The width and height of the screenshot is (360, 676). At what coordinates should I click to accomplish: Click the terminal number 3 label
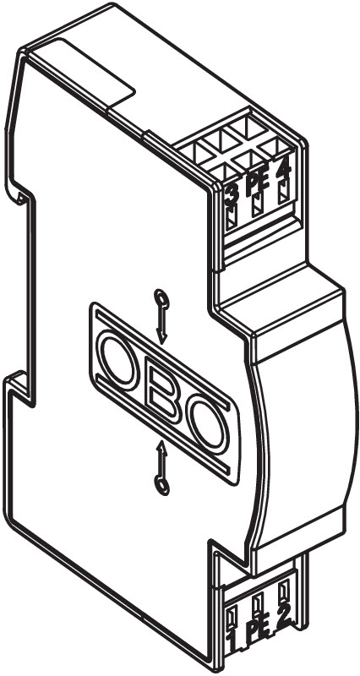click(x=232, y=195)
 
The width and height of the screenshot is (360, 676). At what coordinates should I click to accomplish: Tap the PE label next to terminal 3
click(x=258, y=183)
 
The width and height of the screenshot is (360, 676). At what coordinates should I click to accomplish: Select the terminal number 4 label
click(x=283, y=172)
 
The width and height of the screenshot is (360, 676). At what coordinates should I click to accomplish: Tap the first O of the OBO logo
click(x=118, y=360)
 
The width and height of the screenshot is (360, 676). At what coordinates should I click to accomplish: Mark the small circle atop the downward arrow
click(x=161, y=298)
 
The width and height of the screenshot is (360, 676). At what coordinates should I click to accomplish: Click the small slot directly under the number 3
click(x=232, y=217)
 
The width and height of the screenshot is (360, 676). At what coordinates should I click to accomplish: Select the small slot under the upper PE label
click(x=258, y=204)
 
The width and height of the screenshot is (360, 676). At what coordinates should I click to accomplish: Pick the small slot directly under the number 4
click(x=283, y=193)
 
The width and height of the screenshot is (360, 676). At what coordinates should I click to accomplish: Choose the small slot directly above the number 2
click(x=283, y=589)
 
